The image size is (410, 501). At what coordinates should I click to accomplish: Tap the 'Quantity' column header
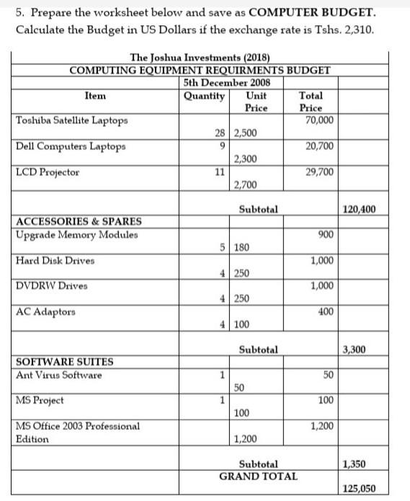205,95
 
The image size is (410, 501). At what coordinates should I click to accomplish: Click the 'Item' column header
95,95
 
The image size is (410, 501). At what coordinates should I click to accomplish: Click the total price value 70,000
319,120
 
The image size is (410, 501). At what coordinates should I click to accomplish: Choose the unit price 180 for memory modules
242,247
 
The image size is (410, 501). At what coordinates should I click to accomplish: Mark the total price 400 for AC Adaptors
325,312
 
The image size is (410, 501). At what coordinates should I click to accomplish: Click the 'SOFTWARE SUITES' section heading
63,362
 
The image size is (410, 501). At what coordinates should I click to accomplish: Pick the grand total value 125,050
359,488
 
